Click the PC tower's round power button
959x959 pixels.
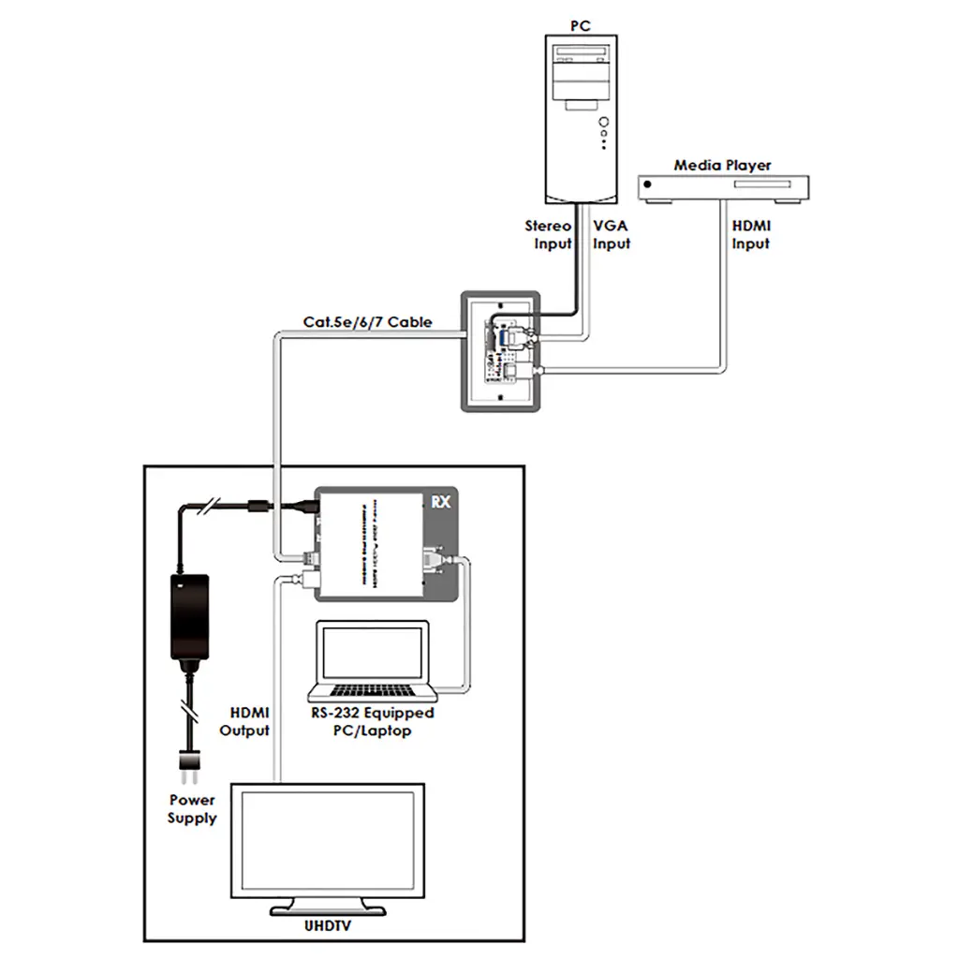point(606,123)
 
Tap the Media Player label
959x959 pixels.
point(722,165)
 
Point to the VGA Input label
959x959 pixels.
point(612,235)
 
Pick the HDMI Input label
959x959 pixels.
point(750,235)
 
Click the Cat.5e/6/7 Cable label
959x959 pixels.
point(367,322)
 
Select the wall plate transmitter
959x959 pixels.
point(500,350)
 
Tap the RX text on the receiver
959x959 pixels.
point(441,501)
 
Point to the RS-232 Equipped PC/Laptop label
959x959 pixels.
point(373,721)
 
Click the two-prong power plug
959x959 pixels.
point(190,770)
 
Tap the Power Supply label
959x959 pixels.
point(192,809)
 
